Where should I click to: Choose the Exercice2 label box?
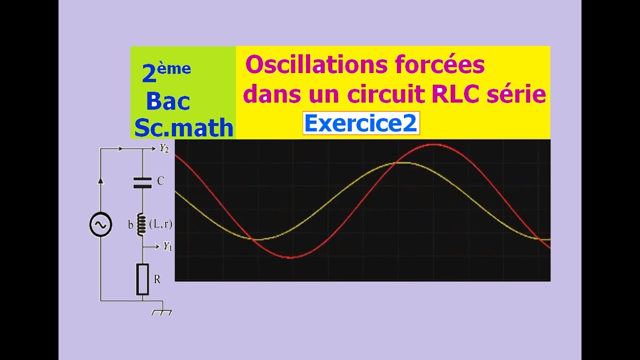click(x=360, y=123)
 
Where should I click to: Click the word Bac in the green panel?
click(x=168, y=101)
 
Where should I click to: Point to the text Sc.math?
click(x=183, y=128)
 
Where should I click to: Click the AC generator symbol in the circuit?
click(x=100, y=224)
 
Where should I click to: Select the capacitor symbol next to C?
click(x=142, y=182)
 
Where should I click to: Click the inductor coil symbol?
click(x=142, y=224)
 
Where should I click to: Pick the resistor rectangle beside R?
click(x=142, y=279)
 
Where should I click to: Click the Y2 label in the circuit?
click(x=164, y=148)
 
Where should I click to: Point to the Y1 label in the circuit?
click(x=167, y=246)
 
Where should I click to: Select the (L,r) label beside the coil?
click(x=161, y=224)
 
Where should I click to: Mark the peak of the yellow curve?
click(x=404, y=162)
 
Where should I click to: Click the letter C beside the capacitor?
click(x=160, y=181)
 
